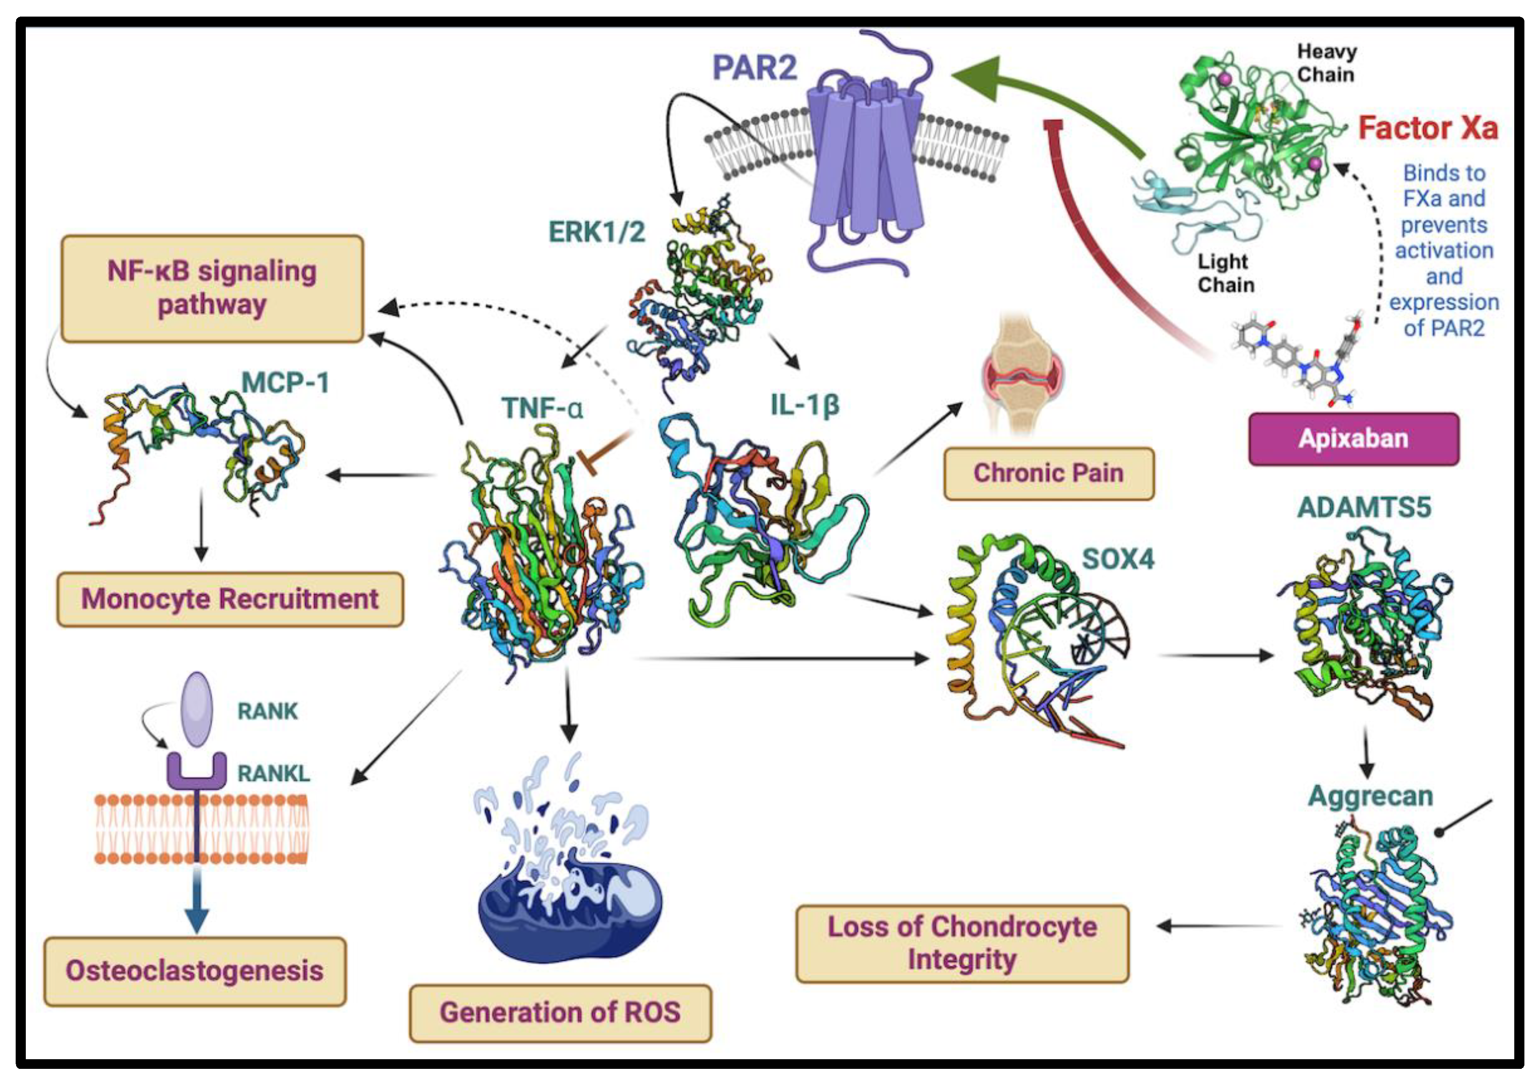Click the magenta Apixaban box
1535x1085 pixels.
1353,439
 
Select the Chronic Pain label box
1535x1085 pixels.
1049,473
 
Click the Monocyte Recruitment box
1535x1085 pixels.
230,599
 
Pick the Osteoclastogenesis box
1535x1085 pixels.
194,971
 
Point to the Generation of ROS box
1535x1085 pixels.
560,1012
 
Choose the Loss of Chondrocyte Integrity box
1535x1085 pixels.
962,943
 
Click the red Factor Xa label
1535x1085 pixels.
1427,129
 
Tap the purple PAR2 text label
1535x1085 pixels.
754,68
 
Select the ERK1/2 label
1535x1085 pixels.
596,232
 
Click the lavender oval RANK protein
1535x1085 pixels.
197,709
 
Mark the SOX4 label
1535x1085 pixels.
1118,559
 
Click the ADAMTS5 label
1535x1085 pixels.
1364,507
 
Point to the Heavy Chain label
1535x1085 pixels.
1326,63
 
